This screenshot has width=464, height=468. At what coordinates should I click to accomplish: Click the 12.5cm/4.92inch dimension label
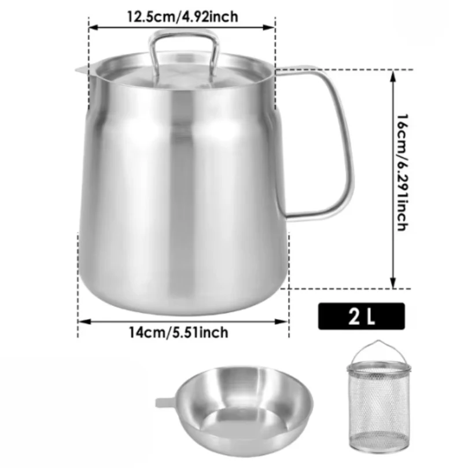tap(182, 16)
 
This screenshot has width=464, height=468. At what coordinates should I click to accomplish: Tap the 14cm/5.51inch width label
tap(178, 332)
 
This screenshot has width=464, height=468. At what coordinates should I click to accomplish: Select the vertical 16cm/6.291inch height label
tap(402, 172)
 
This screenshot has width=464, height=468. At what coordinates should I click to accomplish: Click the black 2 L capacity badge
tap(362, 316)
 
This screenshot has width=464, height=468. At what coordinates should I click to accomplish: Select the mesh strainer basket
tap(379, 397)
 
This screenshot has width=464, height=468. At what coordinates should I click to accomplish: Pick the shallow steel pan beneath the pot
tap(234, 411)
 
